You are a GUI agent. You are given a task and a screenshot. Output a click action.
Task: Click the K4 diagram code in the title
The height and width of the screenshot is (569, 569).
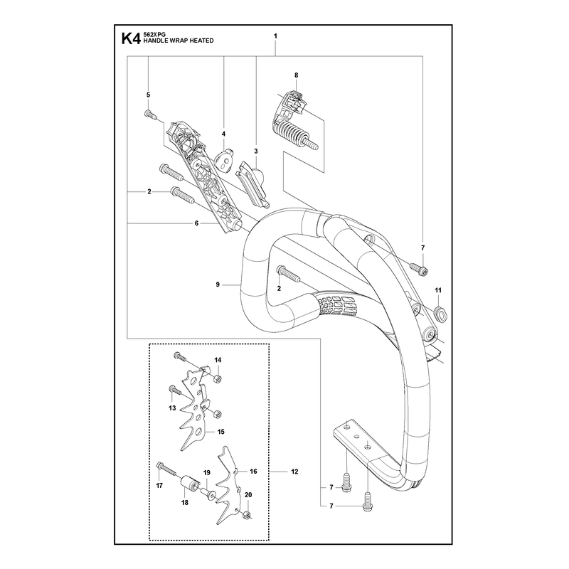click(131, 38)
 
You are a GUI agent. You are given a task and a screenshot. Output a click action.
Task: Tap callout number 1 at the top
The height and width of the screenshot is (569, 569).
click(275, 36)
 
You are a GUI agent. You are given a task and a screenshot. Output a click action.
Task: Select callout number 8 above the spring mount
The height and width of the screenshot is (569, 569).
click(296, 75)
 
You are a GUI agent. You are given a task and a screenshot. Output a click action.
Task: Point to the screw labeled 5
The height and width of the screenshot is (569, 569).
click(150, 114)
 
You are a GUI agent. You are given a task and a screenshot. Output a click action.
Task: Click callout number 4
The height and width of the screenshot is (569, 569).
click(223, 134)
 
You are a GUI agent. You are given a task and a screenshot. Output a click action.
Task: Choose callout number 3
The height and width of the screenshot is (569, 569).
click(256, 151)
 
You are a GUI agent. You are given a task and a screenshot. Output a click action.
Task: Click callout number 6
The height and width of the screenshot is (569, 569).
click(197, 223)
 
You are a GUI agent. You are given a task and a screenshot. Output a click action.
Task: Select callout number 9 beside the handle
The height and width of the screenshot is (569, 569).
click(218, 284)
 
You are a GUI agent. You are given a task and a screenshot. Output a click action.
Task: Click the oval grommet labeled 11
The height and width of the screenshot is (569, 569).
click(440, 313)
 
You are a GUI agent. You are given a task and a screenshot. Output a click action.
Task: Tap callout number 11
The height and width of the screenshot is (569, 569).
click(438, 290)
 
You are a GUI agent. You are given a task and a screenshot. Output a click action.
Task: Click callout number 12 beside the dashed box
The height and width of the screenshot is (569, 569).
click(294, 472)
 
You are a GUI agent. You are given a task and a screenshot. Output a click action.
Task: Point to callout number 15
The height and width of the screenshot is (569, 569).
click(220, 432)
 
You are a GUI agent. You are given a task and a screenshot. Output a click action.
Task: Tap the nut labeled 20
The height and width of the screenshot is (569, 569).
click(248, 514)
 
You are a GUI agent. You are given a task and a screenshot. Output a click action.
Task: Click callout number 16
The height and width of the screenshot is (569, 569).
click(253, 471)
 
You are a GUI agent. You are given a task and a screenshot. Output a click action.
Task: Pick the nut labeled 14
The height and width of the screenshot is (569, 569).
click(217, 379)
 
